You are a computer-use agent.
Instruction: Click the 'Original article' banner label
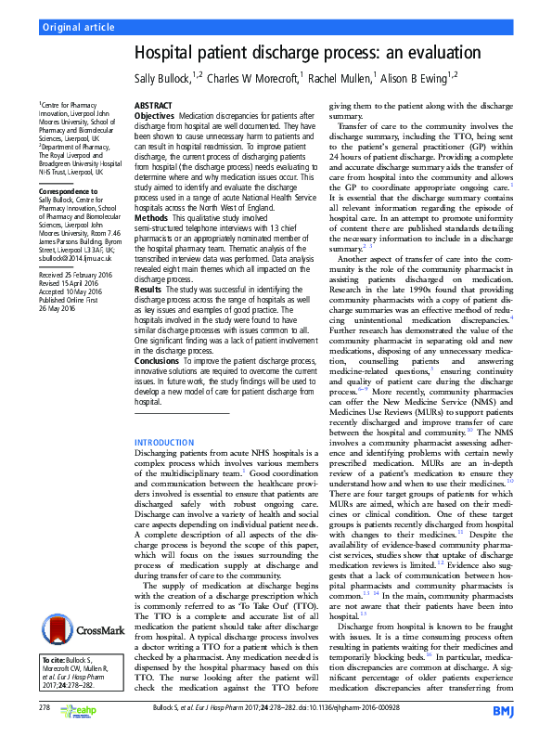pos(77,27)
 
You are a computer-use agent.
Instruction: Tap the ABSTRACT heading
pos(153,107)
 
